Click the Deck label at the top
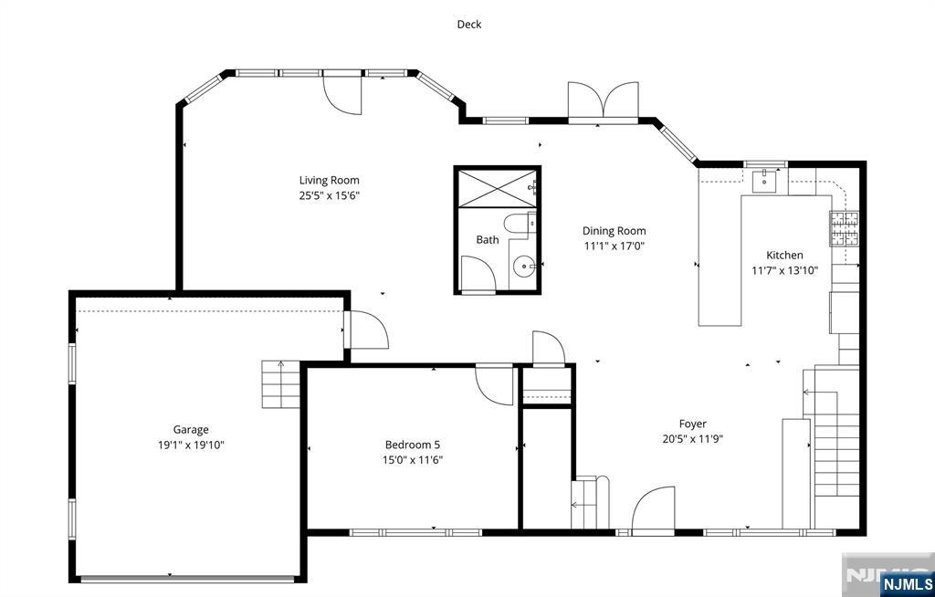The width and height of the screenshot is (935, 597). click(x=468, y=25)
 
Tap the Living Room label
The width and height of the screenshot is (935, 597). click(x=329, y=180)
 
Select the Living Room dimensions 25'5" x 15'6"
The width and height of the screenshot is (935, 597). click(x=329, y=195)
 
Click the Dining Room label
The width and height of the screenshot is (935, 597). click(x=615, y=231)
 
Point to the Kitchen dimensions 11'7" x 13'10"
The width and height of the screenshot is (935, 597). click(x=784, y=270)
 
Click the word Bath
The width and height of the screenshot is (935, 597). click(x=488, y=240)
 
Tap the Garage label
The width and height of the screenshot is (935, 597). click(x=191, y=429)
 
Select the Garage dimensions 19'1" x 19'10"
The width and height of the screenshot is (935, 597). click(x=191, y=445)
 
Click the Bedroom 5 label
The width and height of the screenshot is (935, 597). click(x=413, y=445)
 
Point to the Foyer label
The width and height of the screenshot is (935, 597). click(x=692, y=424)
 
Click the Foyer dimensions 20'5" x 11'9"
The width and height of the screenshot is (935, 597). click(x=692, y=439)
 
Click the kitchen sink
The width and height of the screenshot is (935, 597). click(x=764, y=181)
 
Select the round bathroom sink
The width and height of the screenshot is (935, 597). click(x=524, y=266)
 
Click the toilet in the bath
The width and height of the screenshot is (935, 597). click(x=519, y=224)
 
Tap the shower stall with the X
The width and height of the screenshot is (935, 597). click(x=497, y=188)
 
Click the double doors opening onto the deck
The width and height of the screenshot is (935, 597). click(x=604, y=101)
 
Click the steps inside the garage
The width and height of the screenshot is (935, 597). click(x=280, y=384)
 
